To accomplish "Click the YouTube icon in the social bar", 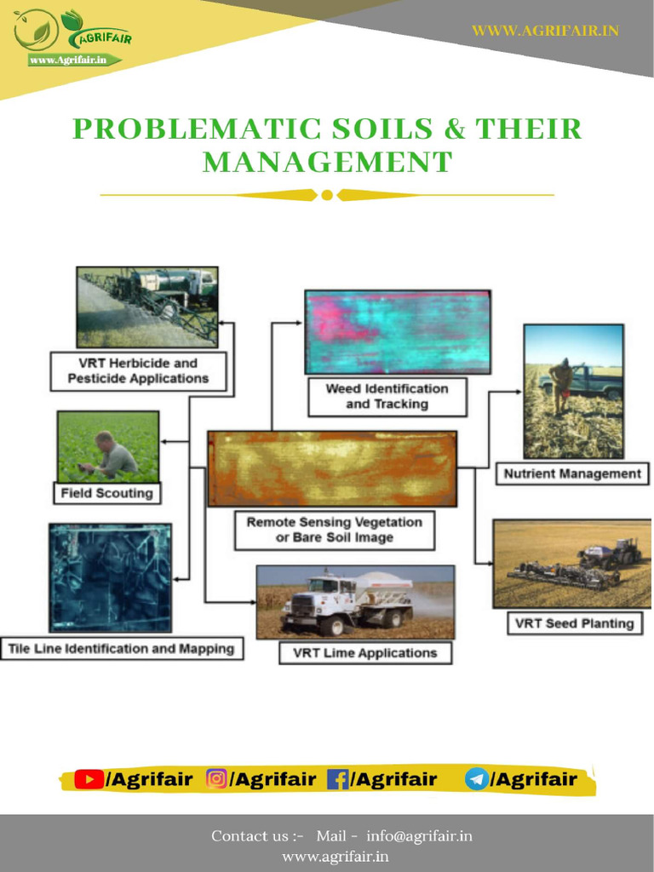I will [x=89, y=779].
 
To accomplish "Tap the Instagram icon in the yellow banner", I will [x=217, y=779].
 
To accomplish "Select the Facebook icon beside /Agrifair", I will [x=338, y=779].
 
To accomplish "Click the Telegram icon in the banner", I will [x=477, y=779].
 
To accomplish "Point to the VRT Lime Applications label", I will [x=364, y=653].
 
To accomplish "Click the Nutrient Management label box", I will [x=571, y=473].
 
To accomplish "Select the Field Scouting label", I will [x=107, y=493].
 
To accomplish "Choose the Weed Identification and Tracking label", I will [x=387, y=396].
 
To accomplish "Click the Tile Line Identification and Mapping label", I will [x=121, y=649].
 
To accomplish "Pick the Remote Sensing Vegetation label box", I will [x=334, y=530].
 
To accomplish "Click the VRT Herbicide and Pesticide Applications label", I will [x=138, y=371].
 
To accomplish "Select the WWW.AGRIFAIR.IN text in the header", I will [x=545, y=31].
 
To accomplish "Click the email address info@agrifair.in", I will [x=419, y=836].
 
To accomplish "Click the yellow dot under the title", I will [x=327, y=195].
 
